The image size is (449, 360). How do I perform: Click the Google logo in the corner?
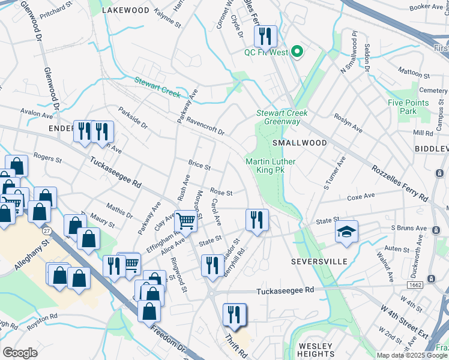click(x=20, y=353)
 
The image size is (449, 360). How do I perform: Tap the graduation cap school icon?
click(x=346, y=232)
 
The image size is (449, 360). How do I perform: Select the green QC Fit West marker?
click(x=295, y=52)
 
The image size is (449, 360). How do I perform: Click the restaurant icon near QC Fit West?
click(x=265, y=37)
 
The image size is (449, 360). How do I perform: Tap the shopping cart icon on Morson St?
click(x=186, y=220)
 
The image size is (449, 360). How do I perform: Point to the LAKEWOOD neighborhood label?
click(x=125, y=10)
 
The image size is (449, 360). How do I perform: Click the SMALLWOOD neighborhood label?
click(x=300, y=143)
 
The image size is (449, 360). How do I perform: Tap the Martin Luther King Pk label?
click(x=265, y=166)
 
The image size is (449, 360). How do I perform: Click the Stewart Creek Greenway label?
click(x=282, y=117)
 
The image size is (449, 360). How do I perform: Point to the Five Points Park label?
click(x=408, y=107)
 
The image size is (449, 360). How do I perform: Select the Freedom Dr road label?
click(x=169, y=340)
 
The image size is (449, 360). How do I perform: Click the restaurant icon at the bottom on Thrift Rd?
click(x=234, y=314)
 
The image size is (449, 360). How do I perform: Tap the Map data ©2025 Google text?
click(x=412, y=355)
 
